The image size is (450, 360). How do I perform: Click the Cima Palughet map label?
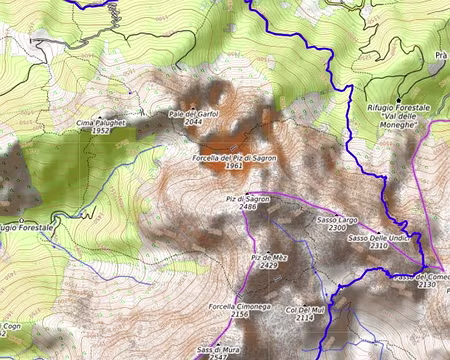click(100, 122)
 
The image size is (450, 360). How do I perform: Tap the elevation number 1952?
click(100, 131)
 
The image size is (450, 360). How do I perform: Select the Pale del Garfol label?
click(193, 114)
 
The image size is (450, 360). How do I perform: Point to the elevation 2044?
click(193, 123)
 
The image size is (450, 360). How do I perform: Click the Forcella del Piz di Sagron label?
click(233, 158)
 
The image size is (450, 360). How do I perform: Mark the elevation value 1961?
click(234, 167)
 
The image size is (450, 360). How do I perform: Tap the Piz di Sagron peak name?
click(248, 198)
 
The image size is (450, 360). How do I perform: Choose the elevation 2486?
click(249, 207)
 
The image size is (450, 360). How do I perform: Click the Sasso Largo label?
click(337, 219)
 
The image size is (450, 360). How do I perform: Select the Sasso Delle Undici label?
click(379, 238)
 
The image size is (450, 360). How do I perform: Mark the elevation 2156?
click(239, 314)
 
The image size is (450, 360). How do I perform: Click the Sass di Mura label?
click(217, 349)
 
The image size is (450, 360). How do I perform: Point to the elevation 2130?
click(427, 285)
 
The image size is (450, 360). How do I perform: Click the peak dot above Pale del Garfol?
click(193, 106)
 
